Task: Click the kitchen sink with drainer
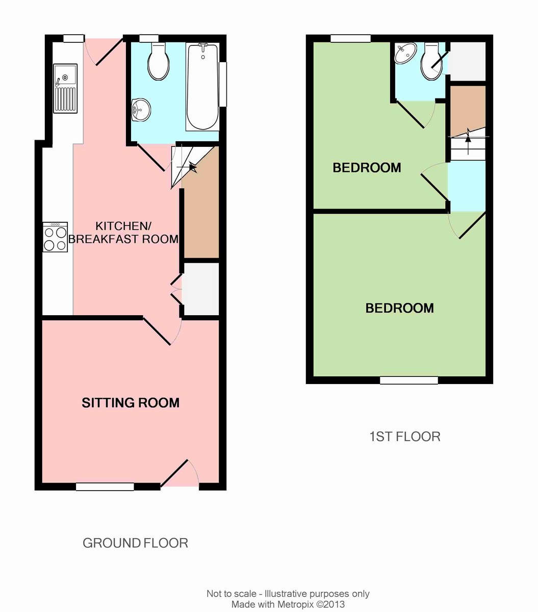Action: (65, 89)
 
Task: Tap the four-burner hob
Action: (55, 237)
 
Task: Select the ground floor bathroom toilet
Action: (158, 61)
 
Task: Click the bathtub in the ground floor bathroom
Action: (202, 87)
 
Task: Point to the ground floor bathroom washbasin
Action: (141, 110)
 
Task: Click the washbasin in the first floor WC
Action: (405, 53)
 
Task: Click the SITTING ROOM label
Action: (131, 403)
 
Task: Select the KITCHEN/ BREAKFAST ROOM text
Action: (123, 232)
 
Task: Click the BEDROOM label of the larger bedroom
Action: (399, 308)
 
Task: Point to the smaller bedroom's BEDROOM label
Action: (367, 168)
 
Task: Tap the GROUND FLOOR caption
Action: (135, 543)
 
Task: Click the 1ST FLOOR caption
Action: (405, 437)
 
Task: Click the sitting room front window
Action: (105, 487)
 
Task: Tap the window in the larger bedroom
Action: (408, 380)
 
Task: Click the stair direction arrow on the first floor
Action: (468, 141)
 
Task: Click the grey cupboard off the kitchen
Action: (200, 289)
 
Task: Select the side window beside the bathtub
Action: (223, 84)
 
